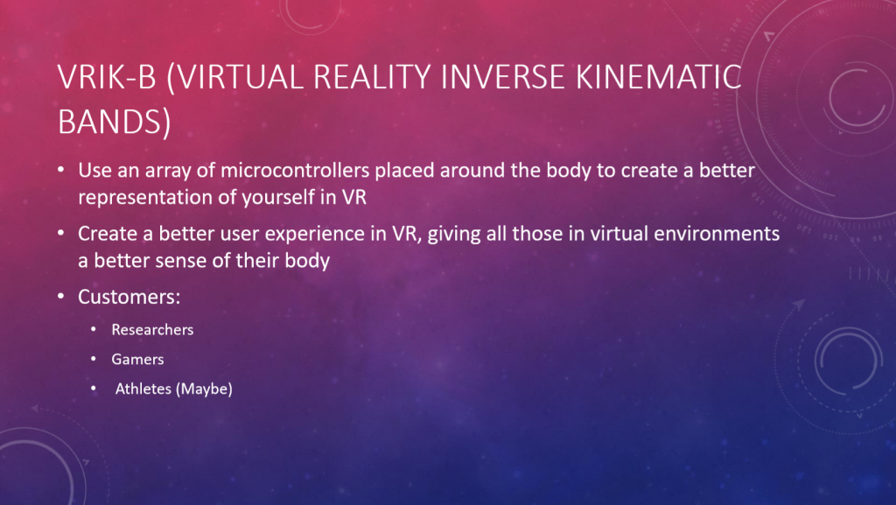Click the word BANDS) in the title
(x=115, y=122)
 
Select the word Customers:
(x=129, y=297)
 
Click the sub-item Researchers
(x=152, y=330)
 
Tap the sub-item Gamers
(x=137, y=360)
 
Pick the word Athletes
(x=143, y=389)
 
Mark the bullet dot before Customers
(x=61, y=297)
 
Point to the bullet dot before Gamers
(x=94, y=359)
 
